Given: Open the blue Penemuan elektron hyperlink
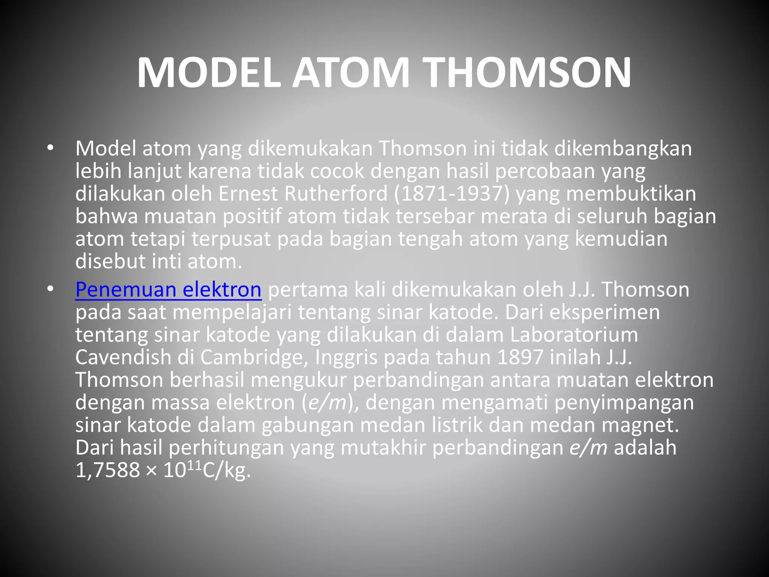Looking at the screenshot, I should click(168, 290).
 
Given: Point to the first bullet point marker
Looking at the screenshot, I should click(50, 149).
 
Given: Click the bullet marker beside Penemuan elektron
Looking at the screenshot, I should click(50, 290).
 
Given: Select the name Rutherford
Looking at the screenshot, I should click(336, 194).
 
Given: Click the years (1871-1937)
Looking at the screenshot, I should click(452, 194).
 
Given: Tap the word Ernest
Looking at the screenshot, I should click(248, 194).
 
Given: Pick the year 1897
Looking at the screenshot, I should click(520, 357).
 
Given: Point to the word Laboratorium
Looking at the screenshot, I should click(573, 335).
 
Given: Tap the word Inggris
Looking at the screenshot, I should click(346, 357).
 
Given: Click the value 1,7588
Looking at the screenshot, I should click(107, 470).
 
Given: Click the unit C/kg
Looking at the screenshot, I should click(226, 470).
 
